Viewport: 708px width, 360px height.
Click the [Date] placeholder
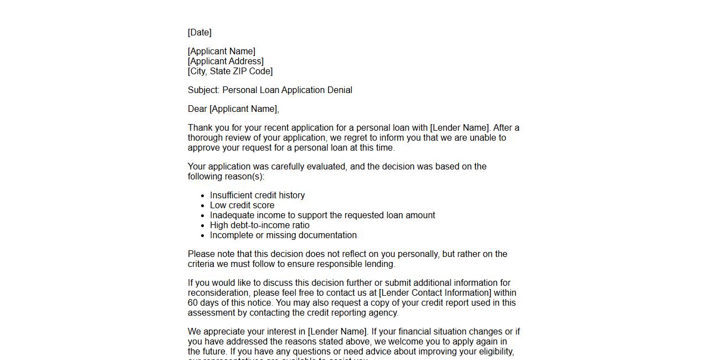click(199, 33)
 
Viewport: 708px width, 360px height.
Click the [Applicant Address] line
click(225, 61)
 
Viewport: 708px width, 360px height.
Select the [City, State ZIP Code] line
click(230, 71)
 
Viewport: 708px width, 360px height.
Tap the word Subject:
click(203, 90)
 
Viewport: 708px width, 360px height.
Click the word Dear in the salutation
click(197, 109)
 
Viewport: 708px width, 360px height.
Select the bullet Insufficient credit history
click(257, 196)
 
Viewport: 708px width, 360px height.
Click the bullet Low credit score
click(242, 205)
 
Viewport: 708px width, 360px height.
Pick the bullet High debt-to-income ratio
click(259, 225)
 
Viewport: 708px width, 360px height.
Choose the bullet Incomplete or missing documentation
click(283, 235)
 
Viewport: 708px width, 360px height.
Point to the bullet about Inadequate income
click(322, 215)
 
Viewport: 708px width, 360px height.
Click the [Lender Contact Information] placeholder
click(435, 293)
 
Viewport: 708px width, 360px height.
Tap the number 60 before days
click(193, 303)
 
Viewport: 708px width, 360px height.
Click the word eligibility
click(495, 352)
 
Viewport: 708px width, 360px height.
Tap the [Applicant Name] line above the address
click(222, 52)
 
